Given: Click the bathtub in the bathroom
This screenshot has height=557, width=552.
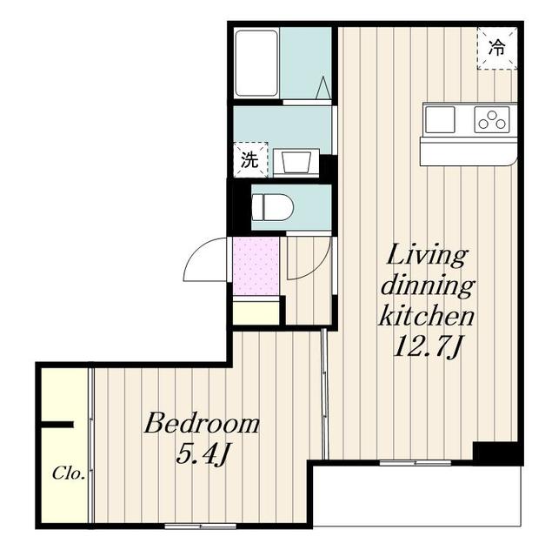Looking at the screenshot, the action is point(256,64).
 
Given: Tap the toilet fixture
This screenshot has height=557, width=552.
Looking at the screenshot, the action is point(272,207).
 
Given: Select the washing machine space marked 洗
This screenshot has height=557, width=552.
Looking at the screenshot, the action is point(250,159).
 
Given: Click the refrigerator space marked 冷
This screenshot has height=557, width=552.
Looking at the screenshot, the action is point(496,48).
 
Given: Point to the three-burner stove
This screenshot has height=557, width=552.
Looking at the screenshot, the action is point(492,120).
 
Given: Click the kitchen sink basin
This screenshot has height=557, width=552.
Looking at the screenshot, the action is point(440,120).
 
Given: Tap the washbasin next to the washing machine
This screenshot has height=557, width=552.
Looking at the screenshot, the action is point(296,162).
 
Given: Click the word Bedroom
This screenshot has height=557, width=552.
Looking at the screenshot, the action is point(202,424).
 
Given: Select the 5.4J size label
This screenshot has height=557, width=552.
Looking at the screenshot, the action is point(201,454).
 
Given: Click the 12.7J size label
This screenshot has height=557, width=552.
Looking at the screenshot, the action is point(427,346).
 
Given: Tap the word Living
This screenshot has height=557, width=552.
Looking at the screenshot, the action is point(427,257).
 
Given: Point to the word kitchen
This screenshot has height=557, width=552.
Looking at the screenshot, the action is point(427,316).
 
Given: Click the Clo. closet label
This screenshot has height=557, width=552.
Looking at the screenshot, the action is point(69,473).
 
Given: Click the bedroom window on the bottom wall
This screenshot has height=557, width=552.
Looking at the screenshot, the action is point(201,526).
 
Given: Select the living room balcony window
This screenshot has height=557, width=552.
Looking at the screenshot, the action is point(415,463).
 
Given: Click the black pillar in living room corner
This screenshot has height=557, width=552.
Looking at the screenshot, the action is point(495,452).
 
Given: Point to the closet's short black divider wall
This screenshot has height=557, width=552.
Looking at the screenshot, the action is point(57,425).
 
